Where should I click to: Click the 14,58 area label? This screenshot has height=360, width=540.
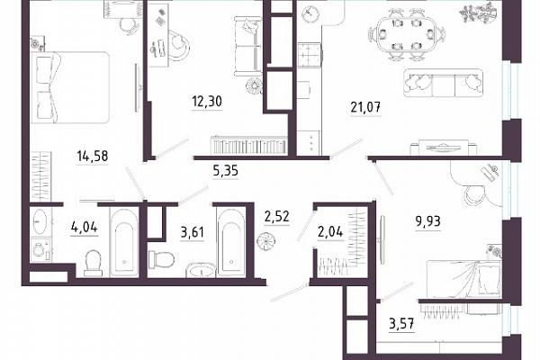click(93, 156)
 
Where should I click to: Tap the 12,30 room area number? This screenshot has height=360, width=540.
click(207, 102)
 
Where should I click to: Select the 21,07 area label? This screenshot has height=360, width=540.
click(365, 108)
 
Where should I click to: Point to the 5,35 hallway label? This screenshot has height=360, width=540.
click(226, 171)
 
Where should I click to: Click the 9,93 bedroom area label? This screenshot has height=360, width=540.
click(427, 221)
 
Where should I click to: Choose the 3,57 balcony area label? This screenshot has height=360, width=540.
click(401, 324)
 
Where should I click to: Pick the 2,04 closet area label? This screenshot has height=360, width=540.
click(330, 232)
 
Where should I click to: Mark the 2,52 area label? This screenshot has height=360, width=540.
click(277, 217)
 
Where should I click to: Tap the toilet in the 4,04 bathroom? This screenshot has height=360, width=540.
click(93, 263)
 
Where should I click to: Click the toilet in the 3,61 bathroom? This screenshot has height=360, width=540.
click(161, 260)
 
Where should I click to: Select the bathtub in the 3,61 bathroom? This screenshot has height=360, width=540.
click(231, 242)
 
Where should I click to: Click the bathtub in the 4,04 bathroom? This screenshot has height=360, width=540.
click(124, 242)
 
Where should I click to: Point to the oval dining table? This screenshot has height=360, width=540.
click(407, 34)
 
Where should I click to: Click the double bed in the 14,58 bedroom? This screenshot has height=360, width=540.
click(70, 87)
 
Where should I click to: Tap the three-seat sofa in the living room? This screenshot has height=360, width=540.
click(443, 83)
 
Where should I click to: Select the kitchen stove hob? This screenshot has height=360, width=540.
click(310, 55)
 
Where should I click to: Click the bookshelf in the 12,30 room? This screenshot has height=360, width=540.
click(248, 145)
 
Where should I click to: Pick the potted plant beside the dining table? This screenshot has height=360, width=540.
click(479, 13)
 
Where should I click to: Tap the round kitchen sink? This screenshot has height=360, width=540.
click(310, 14)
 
